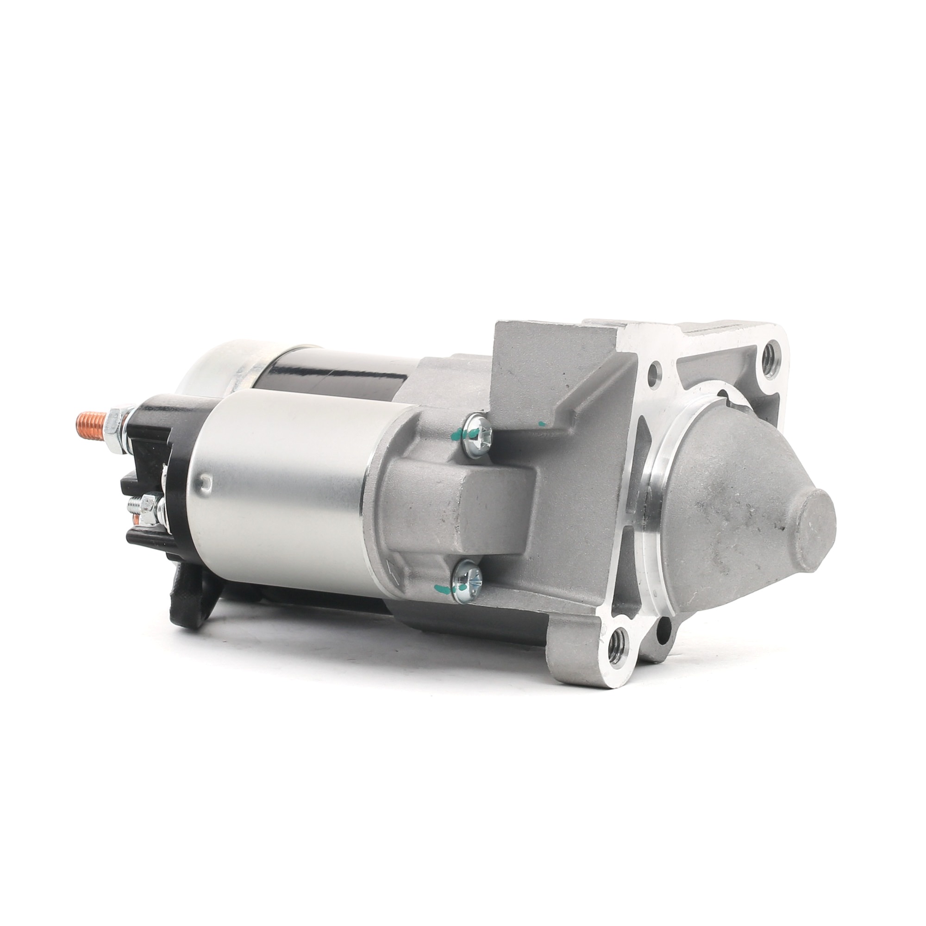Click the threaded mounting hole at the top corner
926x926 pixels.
coord(772,355)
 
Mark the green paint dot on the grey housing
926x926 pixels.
coord(542,424)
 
